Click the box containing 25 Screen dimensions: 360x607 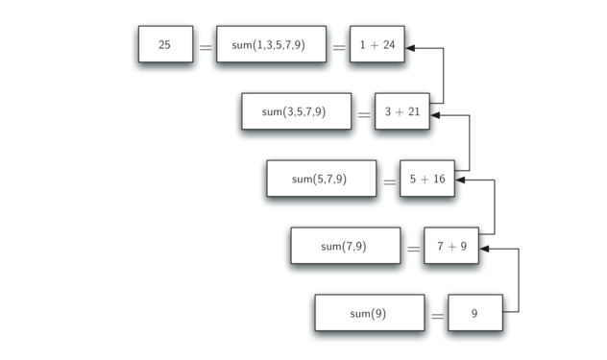[164, 44]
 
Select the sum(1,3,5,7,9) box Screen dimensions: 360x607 [270, 44]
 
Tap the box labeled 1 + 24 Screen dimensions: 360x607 [376, 44]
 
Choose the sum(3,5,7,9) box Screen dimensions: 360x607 [296, 111]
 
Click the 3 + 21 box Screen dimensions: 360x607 [401, 111]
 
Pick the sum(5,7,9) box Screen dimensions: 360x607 [321, 179]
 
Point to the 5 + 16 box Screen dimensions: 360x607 [426, 179]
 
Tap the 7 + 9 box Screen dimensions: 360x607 [451, 246]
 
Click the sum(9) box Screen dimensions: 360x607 [369, 313]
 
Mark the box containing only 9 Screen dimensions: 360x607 [474, 313]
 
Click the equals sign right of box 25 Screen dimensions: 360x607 [205, 46]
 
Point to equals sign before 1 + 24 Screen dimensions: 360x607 [338, 46]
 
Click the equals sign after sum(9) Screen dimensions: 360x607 [437, 315]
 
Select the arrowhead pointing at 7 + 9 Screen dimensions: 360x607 [485, 249]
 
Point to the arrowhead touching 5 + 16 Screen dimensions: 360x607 [461, 181]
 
